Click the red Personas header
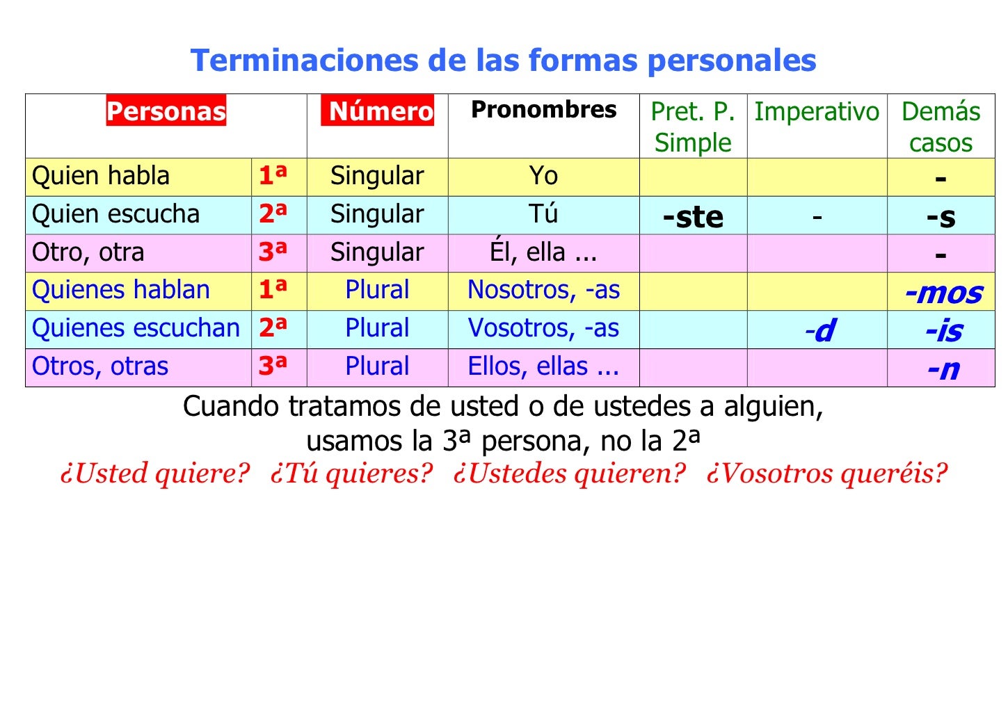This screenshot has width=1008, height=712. tap(166, 111)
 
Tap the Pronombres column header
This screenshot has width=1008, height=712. tap(543, 109)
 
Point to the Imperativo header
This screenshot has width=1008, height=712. tap(817, 111)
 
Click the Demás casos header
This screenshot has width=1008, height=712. tap(941, 127)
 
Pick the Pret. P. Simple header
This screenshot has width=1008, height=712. tap(693, 127)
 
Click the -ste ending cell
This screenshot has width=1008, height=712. tap(693, 216)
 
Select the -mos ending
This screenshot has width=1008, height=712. tap(943, 293)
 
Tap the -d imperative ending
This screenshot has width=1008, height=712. tap(820, 330)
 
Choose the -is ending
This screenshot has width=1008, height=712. tap(943, 331)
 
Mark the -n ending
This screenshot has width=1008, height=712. tap(943, 369)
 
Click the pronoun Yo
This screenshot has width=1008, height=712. tap(543, 176)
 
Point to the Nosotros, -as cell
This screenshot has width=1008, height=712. tap(543, 290)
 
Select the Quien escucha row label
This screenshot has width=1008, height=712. tap(116, 214)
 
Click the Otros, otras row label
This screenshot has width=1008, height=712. tap(100, 366)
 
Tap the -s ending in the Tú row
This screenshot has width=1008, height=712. tap(941, 217)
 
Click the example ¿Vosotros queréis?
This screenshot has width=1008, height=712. tap(826, 474)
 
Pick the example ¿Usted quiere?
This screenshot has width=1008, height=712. tap(154, 474)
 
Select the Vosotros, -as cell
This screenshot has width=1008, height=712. tap(543, 328)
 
